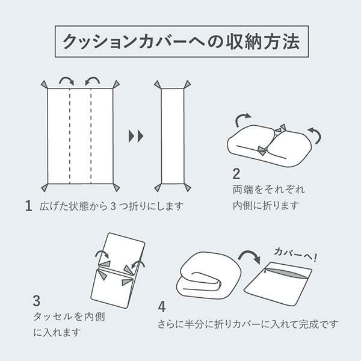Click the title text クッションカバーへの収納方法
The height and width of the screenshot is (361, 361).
[182, 42]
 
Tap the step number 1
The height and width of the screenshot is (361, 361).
[28, 206]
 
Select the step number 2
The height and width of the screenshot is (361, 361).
[236, 174]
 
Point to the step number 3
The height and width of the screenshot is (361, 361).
[37, 301]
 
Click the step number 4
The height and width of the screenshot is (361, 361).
[162, 307]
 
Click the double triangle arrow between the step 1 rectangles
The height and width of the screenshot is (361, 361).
[136, 136]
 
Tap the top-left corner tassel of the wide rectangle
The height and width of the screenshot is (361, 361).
[45, 84]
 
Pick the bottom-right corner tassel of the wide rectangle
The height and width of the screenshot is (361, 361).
[116, 187]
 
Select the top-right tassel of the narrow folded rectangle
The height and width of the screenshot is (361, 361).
[187, 84]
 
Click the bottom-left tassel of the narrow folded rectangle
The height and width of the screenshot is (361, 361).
[158, 188]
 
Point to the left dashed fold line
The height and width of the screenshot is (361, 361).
[70, 136]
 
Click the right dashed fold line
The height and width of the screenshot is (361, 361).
[91, 136]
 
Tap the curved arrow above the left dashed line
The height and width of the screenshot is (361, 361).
[67, 79]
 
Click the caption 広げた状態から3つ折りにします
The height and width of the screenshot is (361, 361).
[111, 206]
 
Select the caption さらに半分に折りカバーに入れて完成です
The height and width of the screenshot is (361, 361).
[248, 324]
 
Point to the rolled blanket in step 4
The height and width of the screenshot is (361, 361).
[208, 277]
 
